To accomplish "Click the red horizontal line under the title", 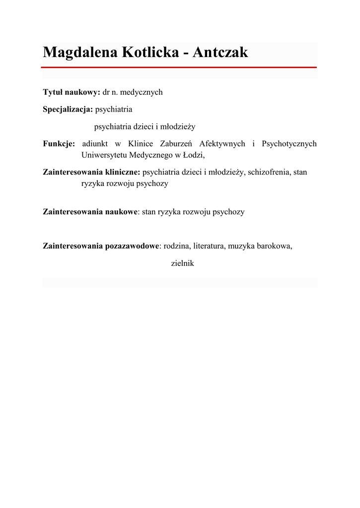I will (180, 67).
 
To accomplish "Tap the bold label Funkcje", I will (59, 144).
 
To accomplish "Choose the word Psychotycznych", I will (289, 144).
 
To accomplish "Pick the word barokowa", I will (274, 246).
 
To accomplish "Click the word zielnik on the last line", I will (182, 263).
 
